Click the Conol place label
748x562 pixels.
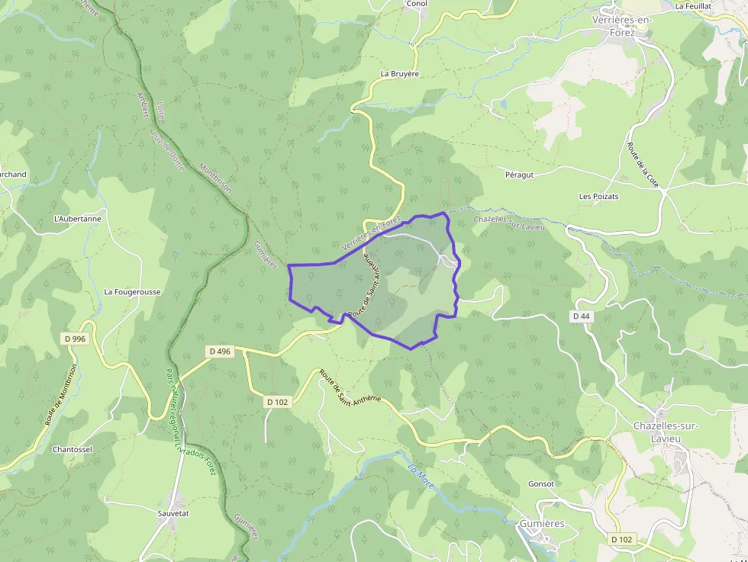tap(417, 4)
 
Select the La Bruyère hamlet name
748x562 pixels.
tap(400, 74)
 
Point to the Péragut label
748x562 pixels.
tap(519, 175)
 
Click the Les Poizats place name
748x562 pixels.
tap(598, 197)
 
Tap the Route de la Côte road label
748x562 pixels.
tap(643, 165)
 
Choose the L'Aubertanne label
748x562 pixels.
tap(77, 219)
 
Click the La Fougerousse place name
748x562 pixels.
tap(132, 291)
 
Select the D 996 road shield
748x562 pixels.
tap(75, 338)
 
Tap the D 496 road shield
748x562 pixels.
tap(218, 351)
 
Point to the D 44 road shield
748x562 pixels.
tap(582, 315)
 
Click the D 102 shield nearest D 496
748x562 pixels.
tap(278, 401)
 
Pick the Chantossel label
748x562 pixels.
tap(73, 449)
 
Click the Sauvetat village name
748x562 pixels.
tap(173, 514)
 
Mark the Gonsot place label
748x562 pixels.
tap(541, 483)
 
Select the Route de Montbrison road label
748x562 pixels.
tap(63, 400)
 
